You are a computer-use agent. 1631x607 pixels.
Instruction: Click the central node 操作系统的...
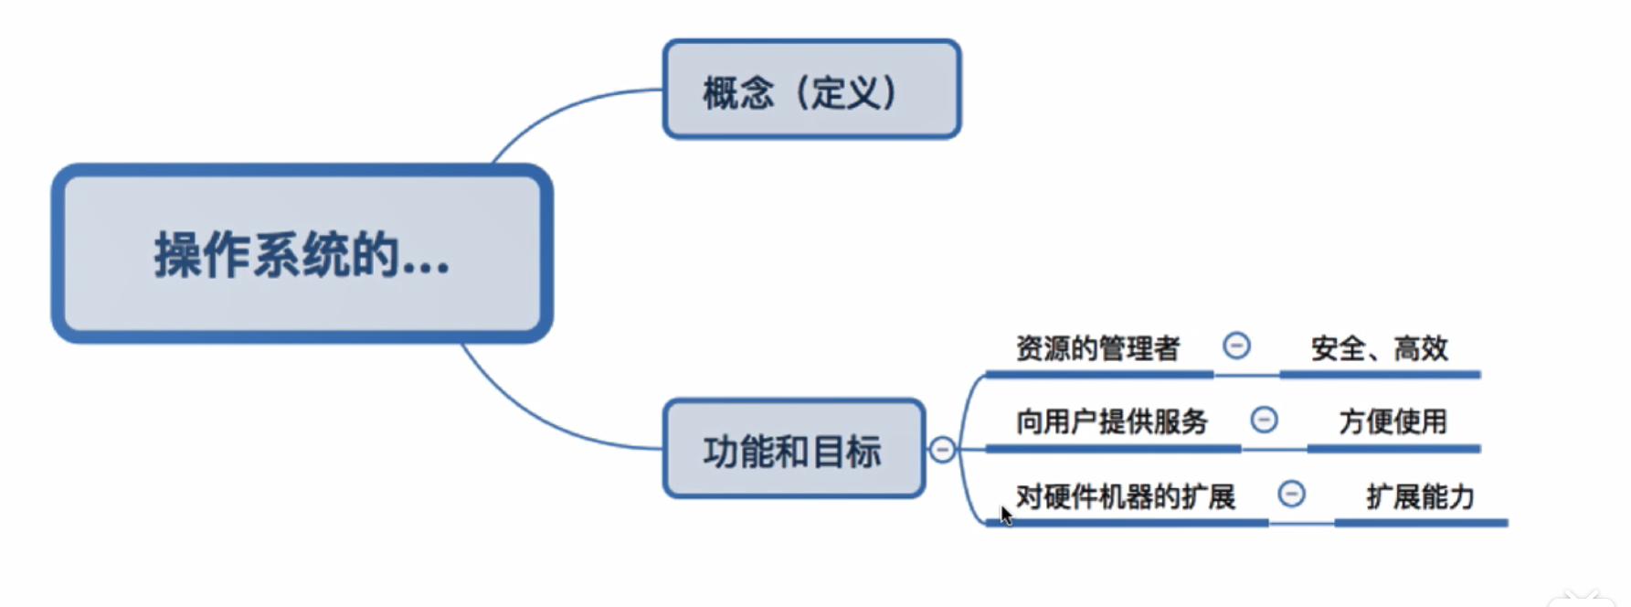pos(302,254)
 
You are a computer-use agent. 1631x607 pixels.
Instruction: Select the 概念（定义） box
pos(811,90)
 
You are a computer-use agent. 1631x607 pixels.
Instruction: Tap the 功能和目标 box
pos(793,449)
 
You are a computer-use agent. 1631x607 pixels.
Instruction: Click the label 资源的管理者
pos(1097,348)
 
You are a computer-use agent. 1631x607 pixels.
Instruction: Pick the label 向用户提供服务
pos(1111,421)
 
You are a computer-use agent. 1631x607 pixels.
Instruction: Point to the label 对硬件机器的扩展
pos(1125,496)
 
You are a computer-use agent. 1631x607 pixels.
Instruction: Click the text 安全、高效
pos(1379,348)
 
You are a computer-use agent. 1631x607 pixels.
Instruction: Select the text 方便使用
pos(1393,421)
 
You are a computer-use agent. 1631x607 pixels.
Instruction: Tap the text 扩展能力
pos(1420,496)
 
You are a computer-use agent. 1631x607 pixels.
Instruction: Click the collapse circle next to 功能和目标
pos(942,449)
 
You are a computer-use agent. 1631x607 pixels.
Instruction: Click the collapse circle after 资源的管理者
pos(1236,346)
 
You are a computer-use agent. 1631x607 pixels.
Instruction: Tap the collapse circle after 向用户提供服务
pos(1264,420)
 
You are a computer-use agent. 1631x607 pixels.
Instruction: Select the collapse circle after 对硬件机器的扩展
pos(1291,494)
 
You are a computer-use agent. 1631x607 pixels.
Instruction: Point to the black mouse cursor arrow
pos(1005,516)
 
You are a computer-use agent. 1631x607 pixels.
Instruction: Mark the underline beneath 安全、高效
pos(1379,374)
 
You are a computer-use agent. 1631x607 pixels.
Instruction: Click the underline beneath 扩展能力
pos(1420,523)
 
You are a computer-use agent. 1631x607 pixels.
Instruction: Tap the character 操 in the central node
pos(177,255)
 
